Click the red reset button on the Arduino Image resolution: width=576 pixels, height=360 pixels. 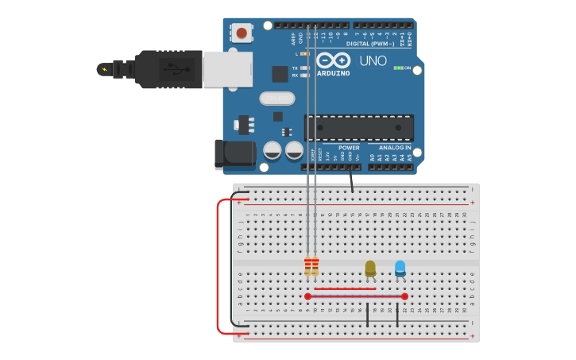(x=241, y=33)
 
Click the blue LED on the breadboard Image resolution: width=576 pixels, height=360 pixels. (x=400, y=268)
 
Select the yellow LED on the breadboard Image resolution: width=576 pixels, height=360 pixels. (x=370, y=268)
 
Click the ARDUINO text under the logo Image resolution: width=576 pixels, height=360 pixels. (x=334, y=73)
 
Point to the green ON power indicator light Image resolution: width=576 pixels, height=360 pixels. (x=398, y=68)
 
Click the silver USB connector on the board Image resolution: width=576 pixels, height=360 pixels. (x=227, y=69)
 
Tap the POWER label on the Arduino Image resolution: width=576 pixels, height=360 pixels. (x=349, y=148)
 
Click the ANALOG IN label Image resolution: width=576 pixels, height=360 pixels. (x=395, y=148)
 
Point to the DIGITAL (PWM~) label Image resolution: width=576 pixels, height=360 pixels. (x=370, y=44)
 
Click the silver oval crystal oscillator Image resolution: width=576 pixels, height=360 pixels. (x=276, y=99)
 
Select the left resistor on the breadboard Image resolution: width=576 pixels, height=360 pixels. (x=307, y=267)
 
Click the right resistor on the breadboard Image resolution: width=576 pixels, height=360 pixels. (x=315, y=267)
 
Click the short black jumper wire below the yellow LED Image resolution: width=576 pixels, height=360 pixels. (x=367, y=315)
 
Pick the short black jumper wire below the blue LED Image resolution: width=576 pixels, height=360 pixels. (x=397, y=315)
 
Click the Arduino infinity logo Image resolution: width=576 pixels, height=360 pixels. (x=334, y=60)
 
